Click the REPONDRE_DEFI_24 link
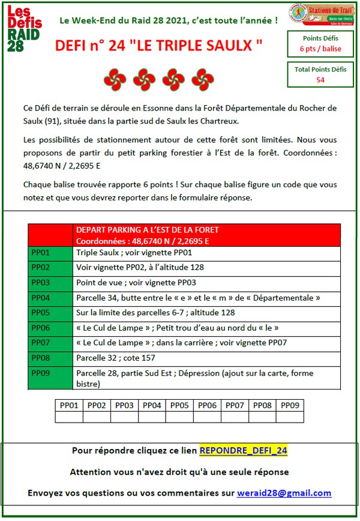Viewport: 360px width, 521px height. tap(243, 450)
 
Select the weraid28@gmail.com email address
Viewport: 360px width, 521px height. tap(284, 493)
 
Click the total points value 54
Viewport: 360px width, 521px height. tap(320, 80)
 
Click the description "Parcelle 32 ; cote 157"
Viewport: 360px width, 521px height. tap(116, 358)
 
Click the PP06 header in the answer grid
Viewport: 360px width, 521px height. tap(207, 405)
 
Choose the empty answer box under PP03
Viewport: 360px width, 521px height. tap(124, 417)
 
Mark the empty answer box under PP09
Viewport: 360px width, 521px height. tap(290, 417)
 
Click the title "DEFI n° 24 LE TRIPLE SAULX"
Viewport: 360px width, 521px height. tap(159, 46)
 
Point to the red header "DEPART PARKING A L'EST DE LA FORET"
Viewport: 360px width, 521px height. tap(148, 230)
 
